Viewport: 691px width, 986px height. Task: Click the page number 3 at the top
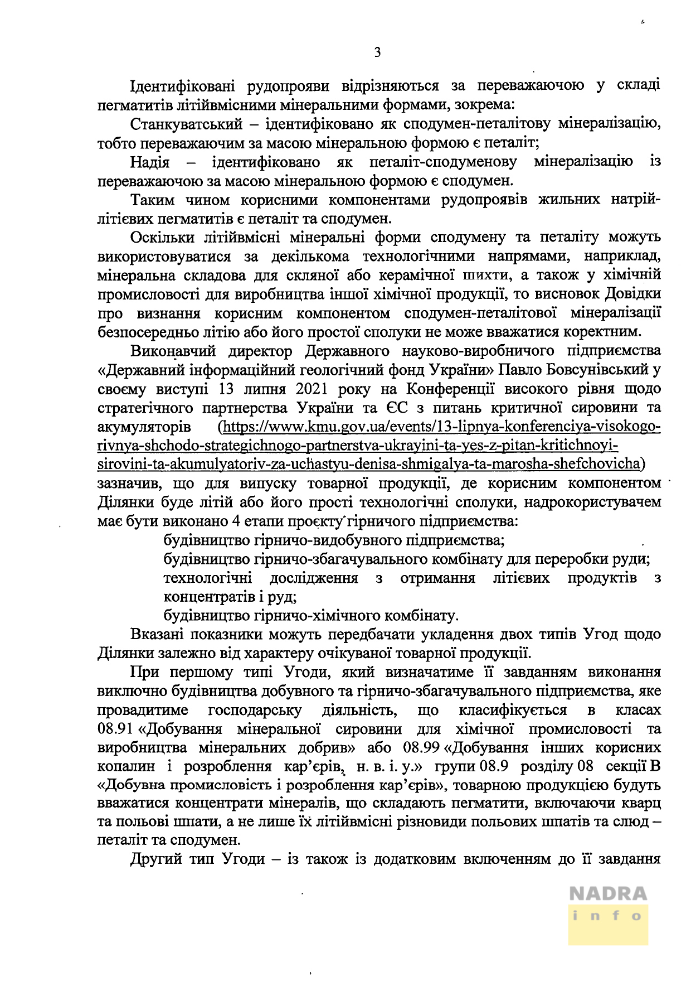[377, 53]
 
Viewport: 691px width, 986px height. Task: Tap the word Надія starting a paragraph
[149, 162]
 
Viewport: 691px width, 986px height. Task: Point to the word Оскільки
[162, 237]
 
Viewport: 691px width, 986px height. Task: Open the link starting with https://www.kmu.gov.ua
[440, 427]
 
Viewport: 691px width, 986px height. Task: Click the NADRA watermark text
[608, 894]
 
